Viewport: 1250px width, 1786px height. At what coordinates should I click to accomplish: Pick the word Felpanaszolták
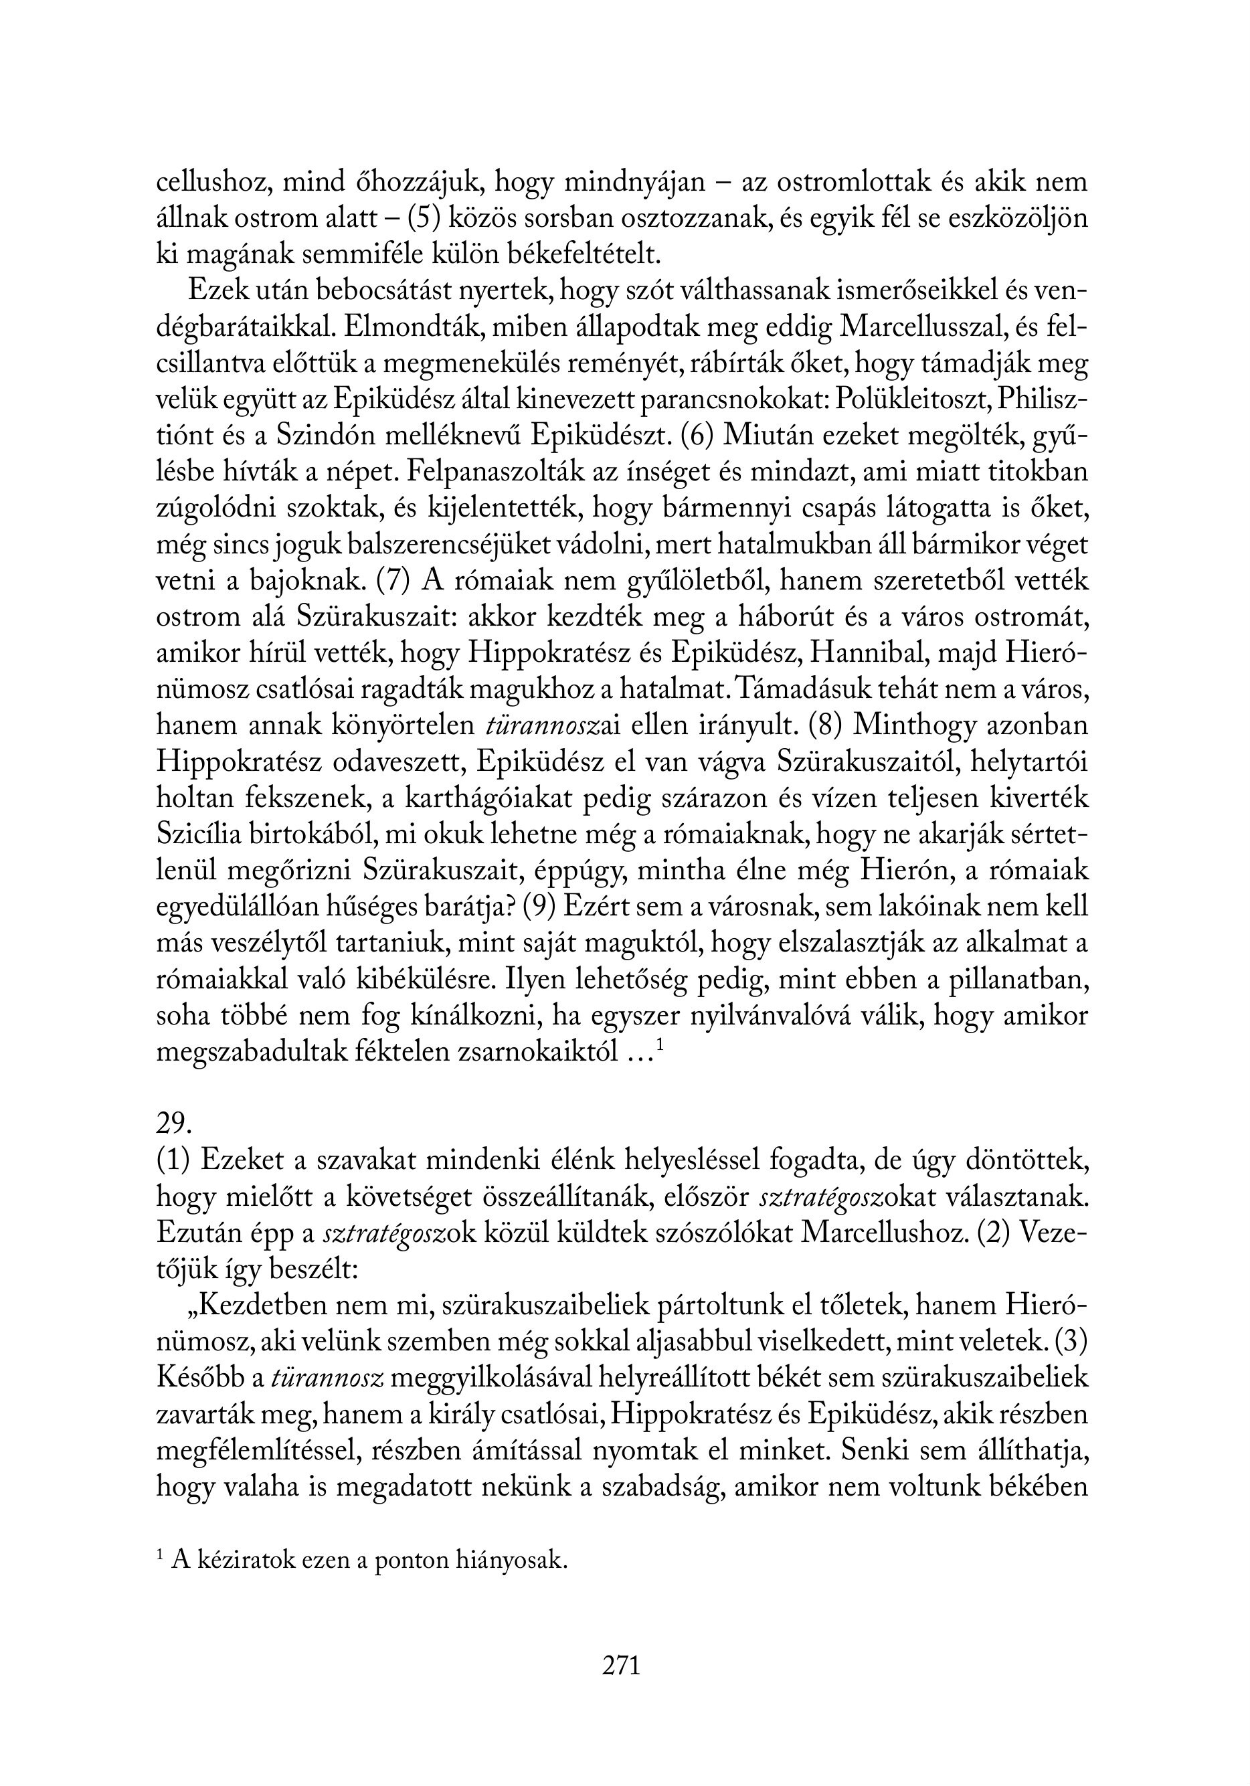495,472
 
